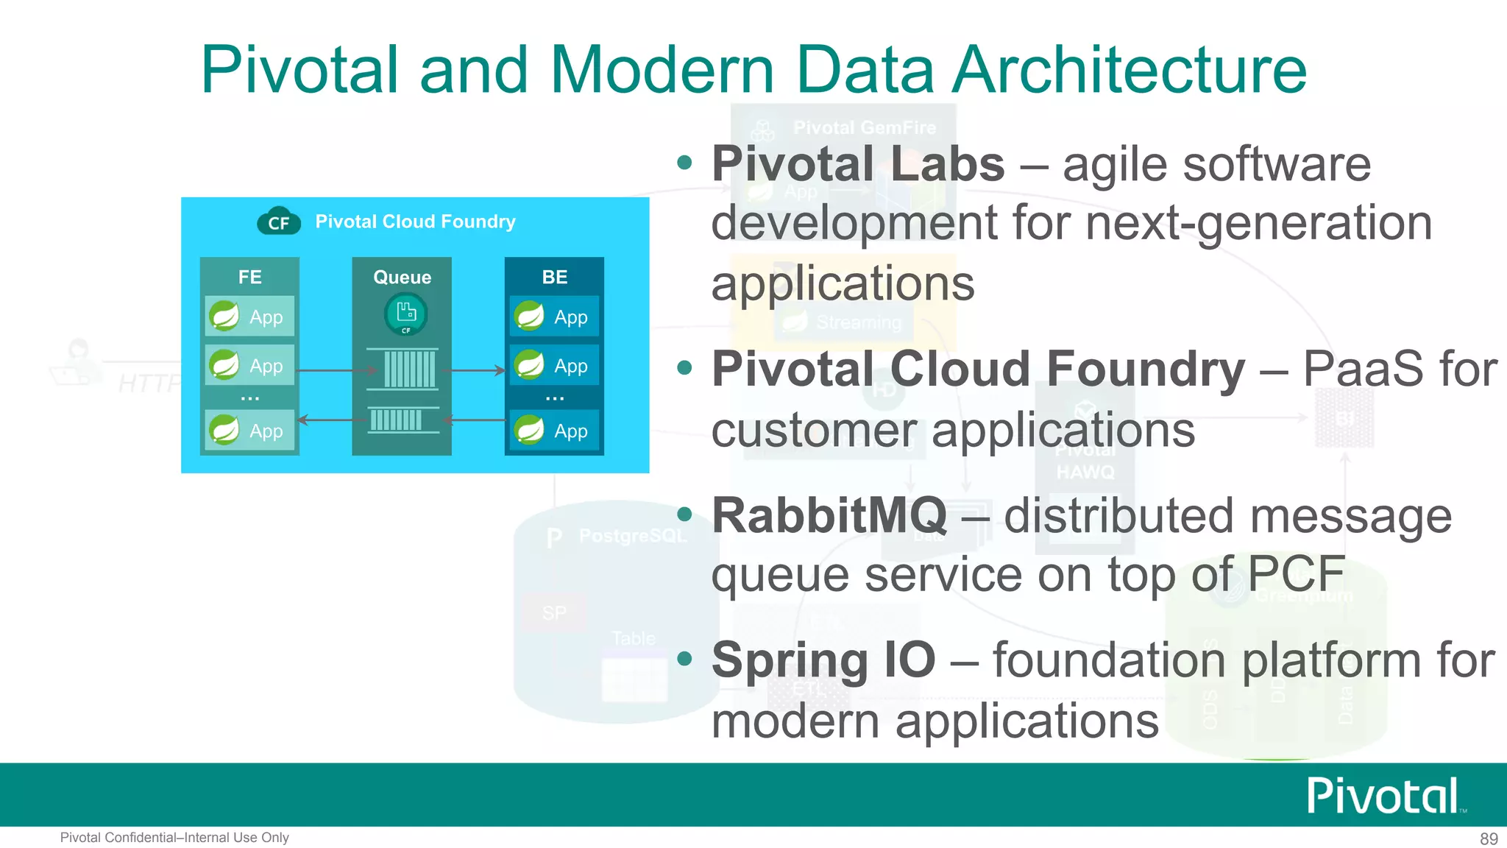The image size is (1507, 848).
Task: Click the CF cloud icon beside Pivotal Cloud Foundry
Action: point(279,221)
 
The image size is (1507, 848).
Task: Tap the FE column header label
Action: point(249,277)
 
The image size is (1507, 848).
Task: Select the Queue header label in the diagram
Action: point(402,277)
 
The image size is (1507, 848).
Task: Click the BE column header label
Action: point(554,277)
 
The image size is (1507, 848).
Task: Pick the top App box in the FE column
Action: point(249,317)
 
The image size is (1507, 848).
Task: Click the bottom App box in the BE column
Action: point(554,431)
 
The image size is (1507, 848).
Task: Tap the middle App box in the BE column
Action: point(554,365)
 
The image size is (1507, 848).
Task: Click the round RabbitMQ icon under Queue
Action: point(405,314)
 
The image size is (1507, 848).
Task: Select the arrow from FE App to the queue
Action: point(335,370)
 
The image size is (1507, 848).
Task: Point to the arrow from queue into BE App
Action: point(477,370)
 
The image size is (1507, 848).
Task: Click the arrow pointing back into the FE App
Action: point(331,420)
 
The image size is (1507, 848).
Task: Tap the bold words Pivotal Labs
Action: point(857,163)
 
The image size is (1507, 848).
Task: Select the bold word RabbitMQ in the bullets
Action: point(829,515)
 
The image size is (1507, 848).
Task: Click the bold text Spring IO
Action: point(823,660)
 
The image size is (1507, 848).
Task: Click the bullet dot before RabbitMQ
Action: point(685,514)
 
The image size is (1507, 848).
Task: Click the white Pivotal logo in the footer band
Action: point(1383,795)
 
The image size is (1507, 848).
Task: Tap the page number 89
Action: point(1488,838)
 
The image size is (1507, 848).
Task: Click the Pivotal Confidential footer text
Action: point(174,838)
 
